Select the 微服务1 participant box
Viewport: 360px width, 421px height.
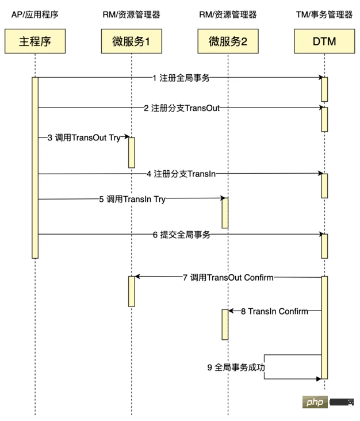[131, 41]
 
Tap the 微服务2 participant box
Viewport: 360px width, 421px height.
[227, 41]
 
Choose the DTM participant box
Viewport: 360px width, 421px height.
[324, 41]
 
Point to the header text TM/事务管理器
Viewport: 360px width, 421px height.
[324, 14]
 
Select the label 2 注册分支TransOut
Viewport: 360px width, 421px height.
[181, 108]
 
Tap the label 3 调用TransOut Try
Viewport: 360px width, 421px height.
[84, 137]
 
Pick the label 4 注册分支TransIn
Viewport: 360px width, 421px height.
[181, 173]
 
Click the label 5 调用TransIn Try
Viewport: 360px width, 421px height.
[132, 199]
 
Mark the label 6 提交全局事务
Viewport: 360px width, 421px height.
[181, 234]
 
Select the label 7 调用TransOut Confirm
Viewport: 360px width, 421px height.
[228, 277]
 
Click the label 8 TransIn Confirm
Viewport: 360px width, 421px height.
[274, 311]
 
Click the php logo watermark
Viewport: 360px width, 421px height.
[316, 402]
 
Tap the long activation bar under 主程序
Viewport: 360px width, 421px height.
[35, 167]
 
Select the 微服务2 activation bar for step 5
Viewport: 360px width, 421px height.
[225, 213]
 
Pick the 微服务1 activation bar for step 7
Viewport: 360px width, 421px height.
[131, 291]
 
